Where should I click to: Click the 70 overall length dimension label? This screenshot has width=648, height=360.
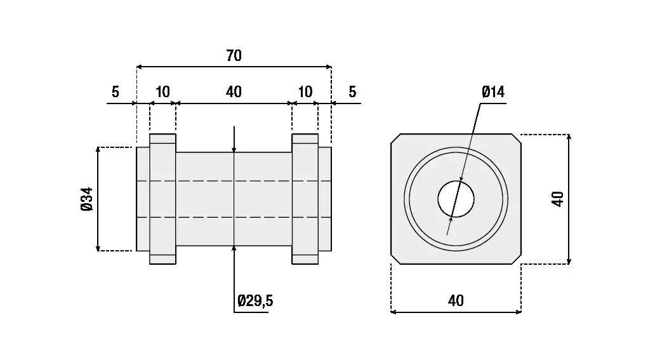(x=234, y=56)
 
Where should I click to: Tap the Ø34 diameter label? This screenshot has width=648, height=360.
(x=87, y=199)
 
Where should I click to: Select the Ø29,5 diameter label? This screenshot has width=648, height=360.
(x=255, y=300)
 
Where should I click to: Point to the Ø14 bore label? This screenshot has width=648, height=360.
(x=493, y=92)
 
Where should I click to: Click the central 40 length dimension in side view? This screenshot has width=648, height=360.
(x=234, y=92)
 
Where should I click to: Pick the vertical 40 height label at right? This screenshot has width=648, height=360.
(x=558, y=199)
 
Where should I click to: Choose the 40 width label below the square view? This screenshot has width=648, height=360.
(x=456, y=300)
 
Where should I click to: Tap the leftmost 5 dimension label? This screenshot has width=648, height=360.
(x=115, y=92)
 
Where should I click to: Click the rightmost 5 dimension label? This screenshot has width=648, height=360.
(x=352, y=92)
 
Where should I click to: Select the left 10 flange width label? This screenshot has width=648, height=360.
(x=162, y=92)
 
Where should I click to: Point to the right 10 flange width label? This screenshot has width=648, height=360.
(x=305, y=92)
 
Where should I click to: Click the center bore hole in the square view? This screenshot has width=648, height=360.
(x=456, y=199)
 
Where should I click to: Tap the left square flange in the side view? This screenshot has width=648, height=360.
(x=162, y=199)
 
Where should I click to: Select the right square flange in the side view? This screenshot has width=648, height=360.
(x=305, y=199)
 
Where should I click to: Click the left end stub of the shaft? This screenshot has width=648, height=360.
(x=143, y=199)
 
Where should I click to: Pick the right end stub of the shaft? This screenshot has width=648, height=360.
(x=324, y=199)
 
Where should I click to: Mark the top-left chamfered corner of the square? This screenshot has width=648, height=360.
(x=395, y=138)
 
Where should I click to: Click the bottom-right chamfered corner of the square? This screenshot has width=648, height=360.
(x=517, y=260)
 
